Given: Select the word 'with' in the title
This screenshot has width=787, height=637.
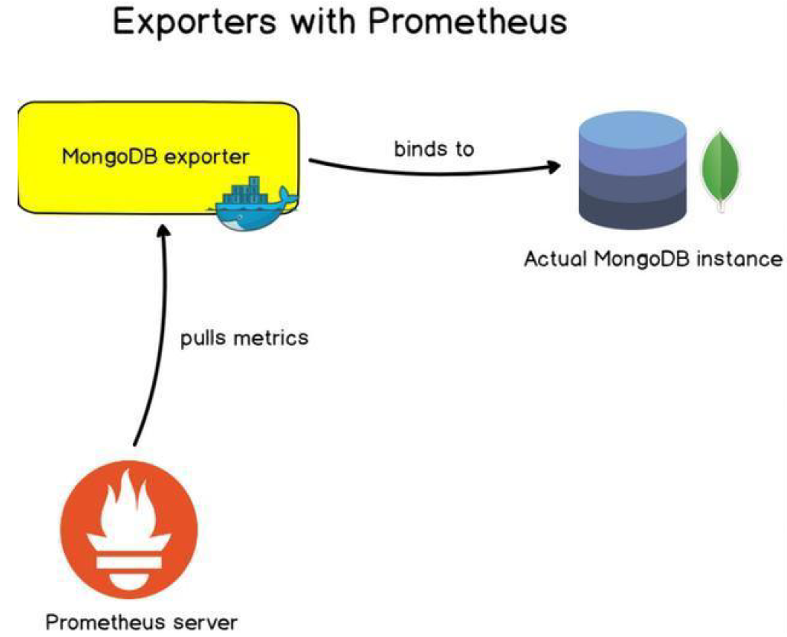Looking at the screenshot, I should pos(320,23).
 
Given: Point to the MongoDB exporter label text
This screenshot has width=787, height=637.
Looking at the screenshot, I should pos(156,157).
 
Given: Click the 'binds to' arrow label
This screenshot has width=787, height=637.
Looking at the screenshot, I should pos(433,148).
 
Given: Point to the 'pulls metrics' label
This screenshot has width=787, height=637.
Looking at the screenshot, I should pos(245,337).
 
